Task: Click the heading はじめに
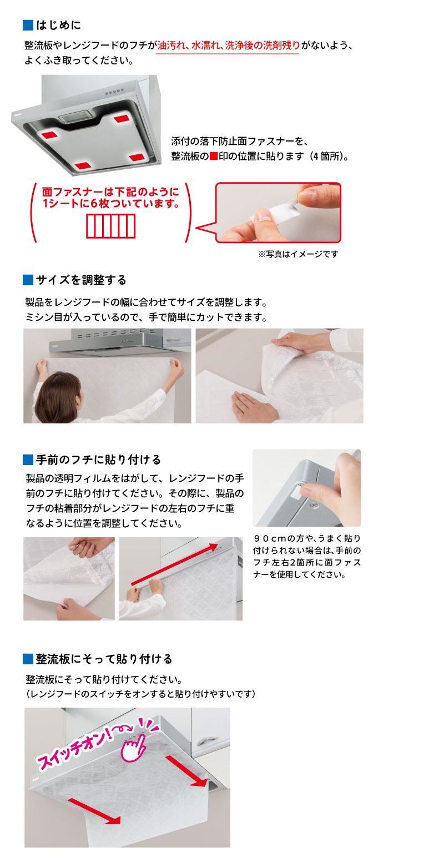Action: click(x=58, y=26)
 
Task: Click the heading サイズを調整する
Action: click(x=81, y=280)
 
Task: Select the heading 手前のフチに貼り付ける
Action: click(x=98, y=460)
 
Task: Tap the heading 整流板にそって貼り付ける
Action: click(x=104, y=659)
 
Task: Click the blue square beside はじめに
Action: click(x=28, y=26)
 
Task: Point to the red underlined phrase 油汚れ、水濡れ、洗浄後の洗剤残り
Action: click(x=228, y=46)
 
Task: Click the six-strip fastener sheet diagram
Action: click(x=111, y=226)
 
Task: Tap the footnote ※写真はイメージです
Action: click(x=299, y=254)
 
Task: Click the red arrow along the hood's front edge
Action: click(x=174, y=564)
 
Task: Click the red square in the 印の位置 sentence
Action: click(x=214, y=157)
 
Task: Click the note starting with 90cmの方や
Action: click(x=307, y=557)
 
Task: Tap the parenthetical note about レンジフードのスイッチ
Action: click(x=140, y=694)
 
